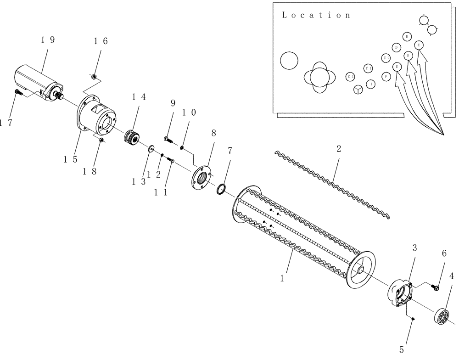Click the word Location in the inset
316,15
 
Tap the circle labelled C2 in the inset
386,58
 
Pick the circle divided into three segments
358,89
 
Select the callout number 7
230,150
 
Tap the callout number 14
139,97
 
